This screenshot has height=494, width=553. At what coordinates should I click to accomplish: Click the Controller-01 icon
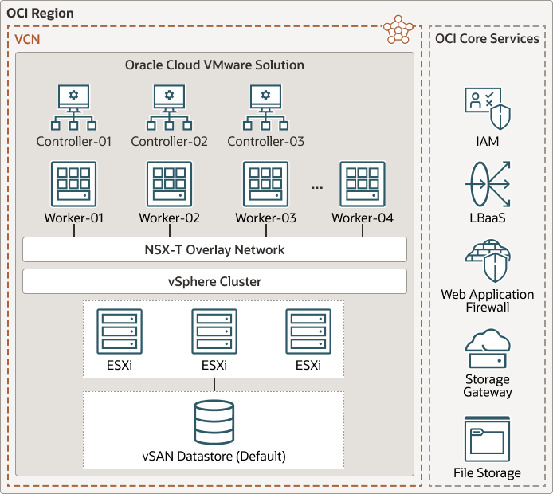74,108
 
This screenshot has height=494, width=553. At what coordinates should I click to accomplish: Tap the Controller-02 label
169,142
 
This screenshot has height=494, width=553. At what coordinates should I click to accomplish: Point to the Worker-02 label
169,218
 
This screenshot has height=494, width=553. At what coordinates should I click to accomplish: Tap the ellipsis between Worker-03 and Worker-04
317,186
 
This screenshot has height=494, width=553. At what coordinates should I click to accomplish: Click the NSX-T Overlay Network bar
214,249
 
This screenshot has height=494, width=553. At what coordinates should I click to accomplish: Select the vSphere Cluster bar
214,281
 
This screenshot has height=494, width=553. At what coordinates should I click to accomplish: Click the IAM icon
487,109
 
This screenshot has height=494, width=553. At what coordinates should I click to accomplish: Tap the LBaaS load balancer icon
487,184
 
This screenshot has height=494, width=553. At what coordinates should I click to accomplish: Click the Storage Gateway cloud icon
487,347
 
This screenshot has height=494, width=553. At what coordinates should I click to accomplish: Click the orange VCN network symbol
398,29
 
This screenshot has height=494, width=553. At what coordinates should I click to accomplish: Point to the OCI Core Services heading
487,38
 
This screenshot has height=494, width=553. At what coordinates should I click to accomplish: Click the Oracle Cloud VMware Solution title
214,65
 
